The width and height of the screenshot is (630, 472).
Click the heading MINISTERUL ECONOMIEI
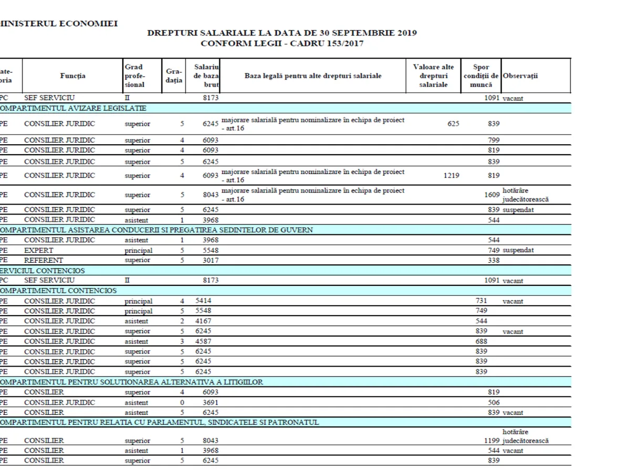58,23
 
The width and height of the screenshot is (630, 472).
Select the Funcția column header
73,76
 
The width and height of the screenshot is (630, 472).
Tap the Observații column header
520,76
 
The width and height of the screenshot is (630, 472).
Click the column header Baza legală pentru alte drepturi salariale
313,76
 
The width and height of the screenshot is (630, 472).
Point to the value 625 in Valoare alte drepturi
453,124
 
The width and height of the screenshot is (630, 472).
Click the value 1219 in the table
451,176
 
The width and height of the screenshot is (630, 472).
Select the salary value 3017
211,260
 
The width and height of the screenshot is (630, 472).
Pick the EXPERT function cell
39,250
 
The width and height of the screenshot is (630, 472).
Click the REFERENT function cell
44,260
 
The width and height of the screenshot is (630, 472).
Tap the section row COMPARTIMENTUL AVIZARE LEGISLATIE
73,109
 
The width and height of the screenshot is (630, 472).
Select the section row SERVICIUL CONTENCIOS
42,271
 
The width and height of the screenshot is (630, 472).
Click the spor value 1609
492,195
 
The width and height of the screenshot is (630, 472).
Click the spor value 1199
492,441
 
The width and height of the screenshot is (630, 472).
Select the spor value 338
493,260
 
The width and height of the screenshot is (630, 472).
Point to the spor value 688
481,341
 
